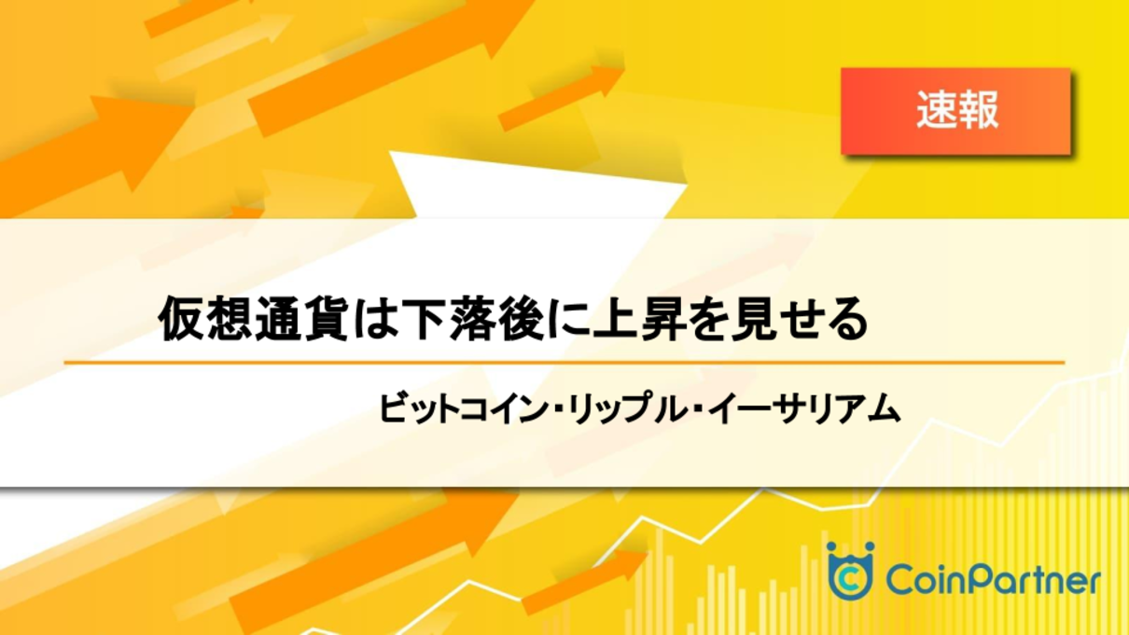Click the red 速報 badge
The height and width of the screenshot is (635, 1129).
955,111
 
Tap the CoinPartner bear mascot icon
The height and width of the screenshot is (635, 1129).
850,571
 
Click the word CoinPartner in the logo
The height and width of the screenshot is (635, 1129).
993,581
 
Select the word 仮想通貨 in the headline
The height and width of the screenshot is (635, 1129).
253,319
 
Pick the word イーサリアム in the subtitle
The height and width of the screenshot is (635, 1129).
803,408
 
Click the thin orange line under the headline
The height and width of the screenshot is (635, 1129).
564,362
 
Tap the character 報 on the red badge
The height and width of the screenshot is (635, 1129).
978,111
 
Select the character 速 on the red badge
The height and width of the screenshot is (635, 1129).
937,111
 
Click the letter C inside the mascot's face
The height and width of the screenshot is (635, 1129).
850,579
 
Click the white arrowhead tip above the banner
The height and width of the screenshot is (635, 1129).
390,152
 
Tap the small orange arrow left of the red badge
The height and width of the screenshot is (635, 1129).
562,97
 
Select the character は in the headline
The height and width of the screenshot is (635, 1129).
373,319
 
